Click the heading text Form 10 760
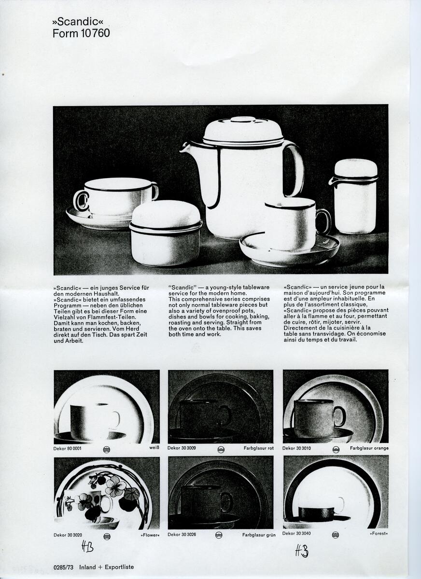pos(81,33)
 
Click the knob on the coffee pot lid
pos(243,120)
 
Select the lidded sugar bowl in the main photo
pos(166,233)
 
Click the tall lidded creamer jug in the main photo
pos(355,196)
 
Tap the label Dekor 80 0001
pos(67,448)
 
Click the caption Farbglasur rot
pos(258,448)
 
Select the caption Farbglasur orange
pos(369,448)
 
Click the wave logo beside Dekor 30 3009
pos(221,450)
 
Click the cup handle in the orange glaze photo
pos(339,416)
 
